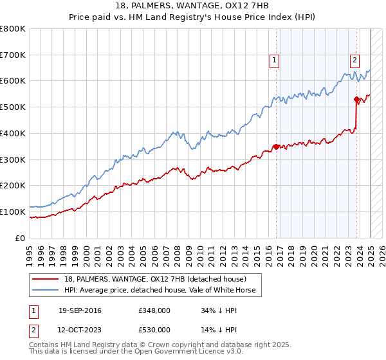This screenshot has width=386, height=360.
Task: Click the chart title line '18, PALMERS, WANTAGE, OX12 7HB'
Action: [x=193, y=6]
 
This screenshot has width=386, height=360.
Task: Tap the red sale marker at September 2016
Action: [x=277, y=147]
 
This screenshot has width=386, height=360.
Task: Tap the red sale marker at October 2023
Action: [x=356, y=99]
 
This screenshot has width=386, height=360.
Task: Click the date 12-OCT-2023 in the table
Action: [x=80, y=329]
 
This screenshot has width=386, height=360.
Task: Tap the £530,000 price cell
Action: [x=154, y=329]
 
